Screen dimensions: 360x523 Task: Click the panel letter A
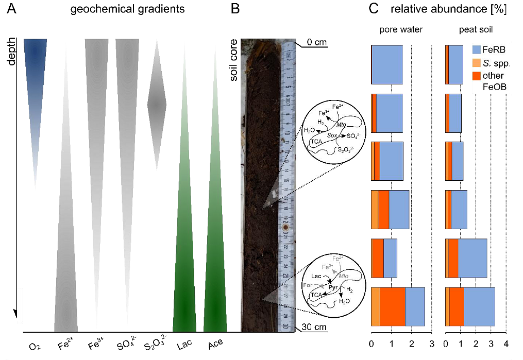coord(11,9)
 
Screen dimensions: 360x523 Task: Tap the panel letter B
coord(235,9)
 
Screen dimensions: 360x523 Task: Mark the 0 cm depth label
coord(318,42)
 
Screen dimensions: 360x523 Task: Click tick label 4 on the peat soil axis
coord(506,344)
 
